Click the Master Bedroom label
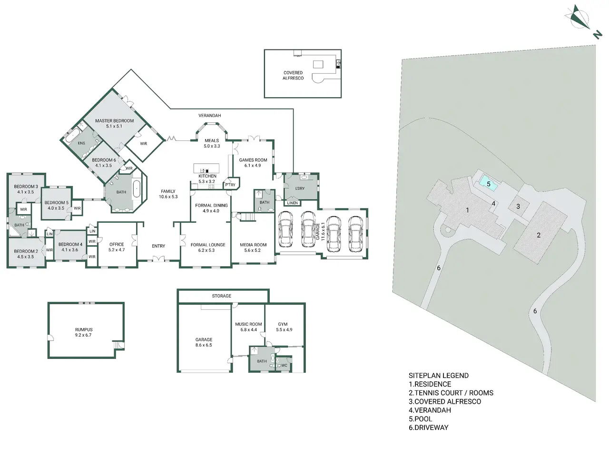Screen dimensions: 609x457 [114, 121]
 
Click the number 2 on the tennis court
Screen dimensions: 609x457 [539, 235]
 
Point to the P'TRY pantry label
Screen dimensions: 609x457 [230, 185]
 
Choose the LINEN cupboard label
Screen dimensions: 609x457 [293, 203]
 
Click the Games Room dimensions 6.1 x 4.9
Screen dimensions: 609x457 [253, 165]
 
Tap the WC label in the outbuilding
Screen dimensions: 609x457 [284, 366]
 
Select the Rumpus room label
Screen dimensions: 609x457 [84, 329]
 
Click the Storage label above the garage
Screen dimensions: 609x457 [221, 296]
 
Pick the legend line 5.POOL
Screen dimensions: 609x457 [420, 419]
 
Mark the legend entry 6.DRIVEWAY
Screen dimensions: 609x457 [428, 427]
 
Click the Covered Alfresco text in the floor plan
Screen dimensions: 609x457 [293, 76]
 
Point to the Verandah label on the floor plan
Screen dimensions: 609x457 [209, 115]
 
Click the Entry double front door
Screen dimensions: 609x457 [158, 259]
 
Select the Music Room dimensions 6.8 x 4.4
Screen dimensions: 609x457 [248, 329]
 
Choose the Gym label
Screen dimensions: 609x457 [283, 324]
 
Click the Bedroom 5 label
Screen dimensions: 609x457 [56, 203]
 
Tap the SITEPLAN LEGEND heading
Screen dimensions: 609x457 [438, 376]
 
